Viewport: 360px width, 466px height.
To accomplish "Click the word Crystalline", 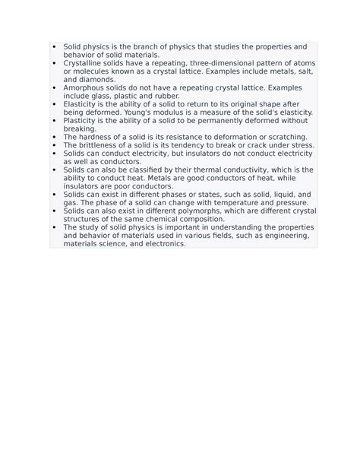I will [83, 63].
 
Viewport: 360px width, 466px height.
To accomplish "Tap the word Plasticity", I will [79, 120].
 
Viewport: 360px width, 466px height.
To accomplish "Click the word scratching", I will [283, 137].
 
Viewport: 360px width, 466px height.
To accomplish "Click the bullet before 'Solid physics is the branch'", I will [55, 47].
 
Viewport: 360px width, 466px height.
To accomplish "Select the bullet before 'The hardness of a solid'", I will [55, 137].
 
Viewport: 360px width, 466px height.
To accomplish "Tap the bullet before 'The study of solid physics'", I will [55, 227].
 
